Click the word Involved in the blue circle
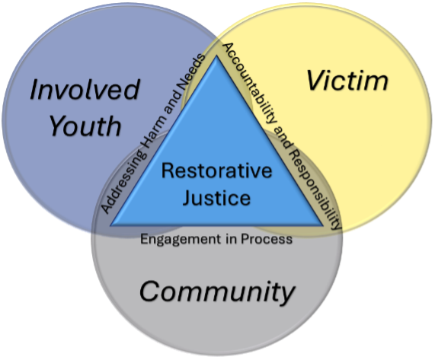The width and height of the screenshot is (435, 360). pos(85,90)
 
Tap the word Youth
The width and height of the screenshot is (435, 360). pos(85,126)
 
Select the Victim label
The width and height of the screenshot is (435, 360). pos(347,81)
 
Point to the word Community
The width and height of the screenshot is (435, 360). pos(217,292)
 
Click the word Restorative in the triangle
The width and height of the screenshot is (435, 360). pos(216,170)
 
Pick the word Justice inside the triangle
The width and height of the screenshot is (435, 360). pos(216,197)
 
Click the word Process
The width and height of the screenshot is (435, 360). pos(267,239)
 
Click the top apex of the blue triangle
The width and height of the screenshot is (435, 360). pos(216,56)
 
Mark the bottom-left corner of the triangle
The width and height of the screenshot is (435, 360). pos(110,225)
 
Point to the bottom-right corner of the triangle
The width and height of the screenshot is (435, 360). pos(323,225)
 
